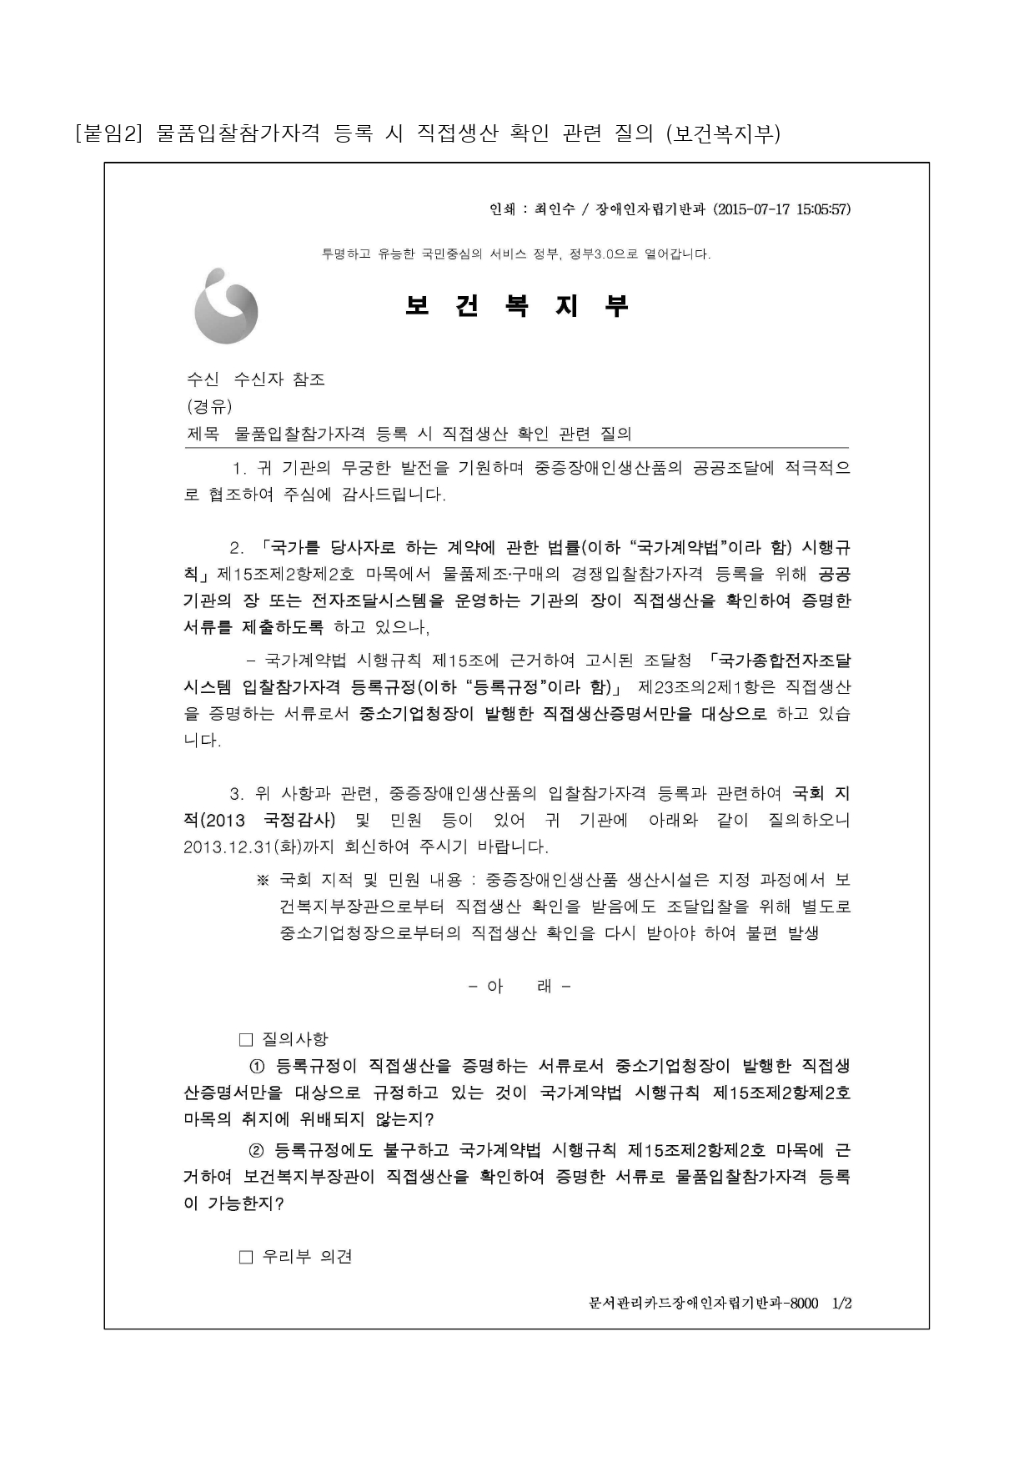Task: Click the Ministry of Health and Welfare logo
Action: pos(226,306)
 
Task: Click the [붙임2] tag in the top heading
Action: pos(109,133)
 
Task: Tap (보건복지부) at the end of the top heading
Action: pos(723,133)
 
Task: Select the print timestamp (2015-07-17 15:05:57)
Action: pos(782,209)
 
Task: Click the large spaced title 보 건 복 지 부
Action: pos(516,306)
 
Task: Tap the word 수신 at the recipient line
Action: pos(203,379)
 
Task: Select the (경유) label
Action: pos(209,406)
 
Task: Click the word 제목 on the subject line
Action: pos(203,434)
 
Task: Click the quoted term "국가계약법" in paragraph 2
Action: pos(686,548)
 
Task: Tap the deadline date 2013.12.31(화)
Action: pos(241,847)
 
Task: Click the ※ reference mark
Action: pos(263,880)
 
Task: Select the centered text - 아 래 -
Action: pos(520,987)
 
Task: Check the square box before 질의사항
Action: pos(246,1039)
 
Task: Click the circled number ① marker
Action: pos(257,1066)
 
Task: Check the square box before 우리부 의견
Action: pos(246,1257)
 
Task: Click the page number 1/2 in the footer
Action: pos(842,1304)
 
